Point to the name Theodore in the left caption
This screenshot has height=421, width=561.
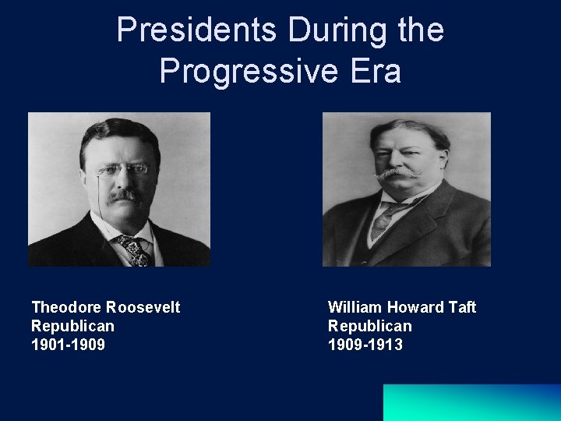[65, 307]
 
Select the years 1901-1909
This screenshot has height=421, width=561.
[68, 345]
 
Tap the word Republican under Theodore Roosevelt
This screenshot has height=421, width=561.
[72, 326]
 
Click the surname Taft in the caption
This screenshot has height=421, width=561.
[462, 307]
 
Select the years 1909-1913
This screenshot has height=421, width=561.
[365, 345]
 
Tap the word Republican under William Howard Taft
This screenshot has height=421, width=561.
[369, 326]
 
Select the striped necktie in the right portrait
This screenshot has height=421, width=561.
[383, 221]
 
